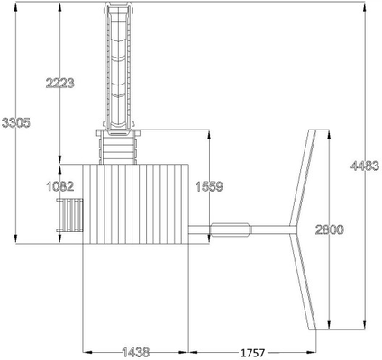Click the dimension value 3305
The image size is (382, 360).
16,122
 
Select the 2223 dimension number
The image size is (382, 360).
59,83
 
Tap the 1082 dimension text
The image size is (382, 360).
59,186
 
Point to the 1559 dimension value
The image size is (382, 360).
209,186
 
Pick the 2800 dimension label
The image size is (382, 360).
329,229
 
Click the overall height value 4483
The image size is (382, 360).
365,166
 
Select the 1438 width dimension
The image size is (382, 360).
136,352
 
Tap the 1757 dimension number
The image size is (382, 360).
252,353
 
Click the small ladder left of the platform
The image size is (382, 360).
69,215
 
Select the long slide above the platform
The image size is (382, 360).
118,66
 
